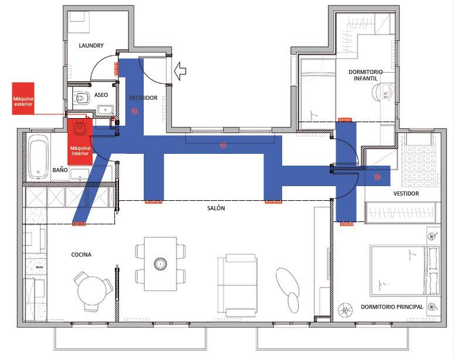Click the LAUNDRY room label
(x=91, y=45)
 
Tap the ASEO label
(x=101, y=95)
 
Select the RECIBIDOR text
(x=143, y=97)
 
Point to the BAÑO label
(x=60, y=170)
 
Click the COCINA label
(x=82, y=255)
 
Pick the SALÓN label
(x=216, y=208)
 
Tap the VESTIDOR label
(x=406, y=193)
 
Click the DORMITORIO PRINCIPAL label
(x=392, y=307)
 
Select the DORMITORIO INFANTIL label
(x=365, y=75)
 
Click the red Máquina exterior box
(x=23, y=98)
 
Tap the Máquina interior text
(x=80, y=151)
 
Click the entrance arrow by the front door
(x=180, y=71)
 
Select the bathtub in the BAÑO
(x=39, y=156)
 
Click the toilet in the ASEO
(x=82, y=97)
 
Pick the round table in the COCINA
(x=92, y=291)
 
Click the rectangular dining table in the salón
(x=161, y=264)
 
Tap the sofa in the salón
(x=238, y=285)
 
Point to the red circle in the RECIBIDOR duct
(x=134, y=111)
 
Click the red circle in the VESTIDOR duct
(x=377, y=177)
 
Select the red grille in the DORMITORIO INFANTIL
(x=345, y=120)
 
